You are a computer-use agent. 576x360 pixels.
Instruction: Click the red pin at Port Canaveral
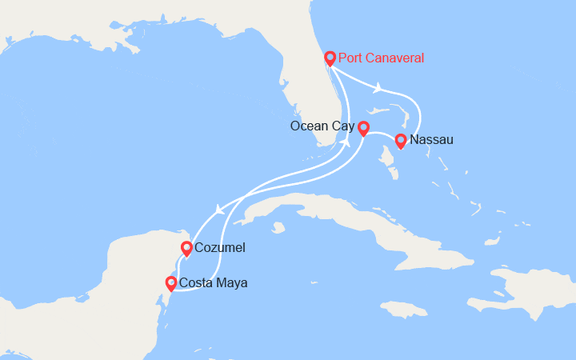tap(330, 58)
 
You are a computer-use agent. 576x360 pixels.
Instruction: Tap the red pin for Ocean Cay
tap(363, 127)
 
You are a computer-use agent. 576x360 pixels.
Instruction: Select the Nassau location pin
tap(401, 140)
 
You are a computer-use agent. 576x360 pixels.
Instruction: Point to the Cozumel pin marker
tap(186, 248)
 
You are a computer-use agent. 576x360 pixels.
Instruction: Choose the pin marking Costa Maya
tap(170, 282)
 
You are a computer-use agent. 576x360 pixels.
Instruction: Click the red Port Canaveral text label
tap(381, 58)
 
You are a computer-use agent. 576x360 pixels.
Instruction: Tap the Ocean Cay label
tap(322, 126)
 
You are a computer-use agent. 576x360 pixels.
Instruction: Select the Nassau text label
tap(431, 140)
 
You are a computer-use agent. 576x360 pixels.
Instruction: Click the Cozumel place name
tap(219, 249)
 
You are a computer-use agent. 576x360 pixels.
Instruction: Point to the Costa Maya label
tap(213, 283)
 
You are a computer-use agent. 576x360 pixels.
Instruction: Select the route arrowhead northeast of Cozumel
tap(218, 211)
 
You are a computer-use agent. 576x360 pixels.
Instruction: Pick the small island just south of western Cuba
tap(278, 228)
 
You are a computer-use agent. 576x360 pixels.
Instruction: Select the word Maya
tap(233, 283)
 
